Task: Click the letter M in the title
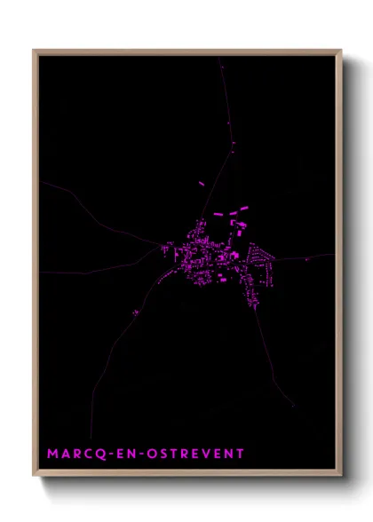[x=52, y=454]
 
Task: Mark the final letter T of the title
[x=239, y=454]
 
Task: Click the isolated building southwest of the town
[x=135, y=312]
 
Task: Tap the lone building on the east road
[x=307, y=259]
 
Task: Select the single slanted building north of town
[x=201, y=184]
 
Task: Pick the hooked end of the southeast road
[x=292, y=405]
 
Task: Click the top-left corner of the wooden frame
[x=35, y=51]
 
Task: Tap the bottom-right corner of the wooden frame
[x=340, y=475]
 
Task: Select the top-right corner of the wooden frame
[x=340, y=51]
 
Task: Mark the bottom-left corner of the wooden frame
[x=35, y=475]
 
